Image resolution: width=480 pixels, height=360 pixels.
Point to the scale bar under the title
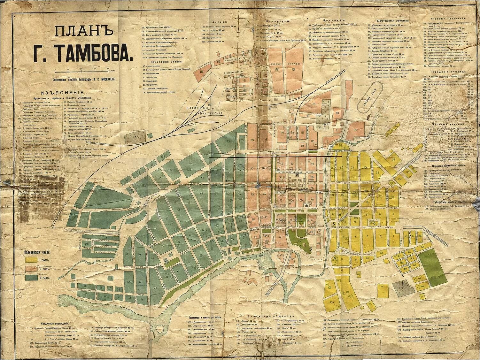click(85, 70)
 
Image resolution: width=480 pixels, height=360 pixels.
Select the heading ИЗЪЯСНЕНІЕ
click(66, 91)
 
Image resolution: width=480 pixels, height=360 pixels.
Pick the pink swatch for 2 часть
click(31, 268)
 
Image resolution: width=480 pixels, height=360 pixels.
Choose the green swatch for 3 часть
click(31, 277)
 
